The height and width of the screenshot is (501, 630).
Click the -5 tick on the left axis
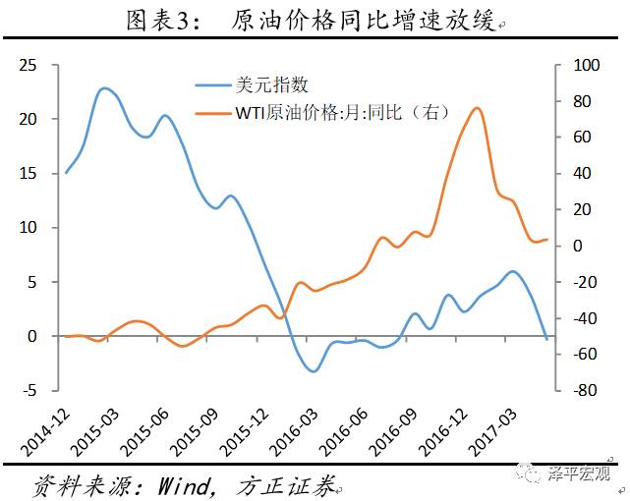tap(29, 390)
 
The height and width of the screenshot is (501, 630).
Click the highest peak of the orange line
tap(477, 108)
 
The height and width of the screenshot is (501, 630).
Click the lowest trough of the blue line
tap(313, 371)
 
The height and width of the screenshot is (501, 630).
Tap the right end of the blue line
tap(546, 339)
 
